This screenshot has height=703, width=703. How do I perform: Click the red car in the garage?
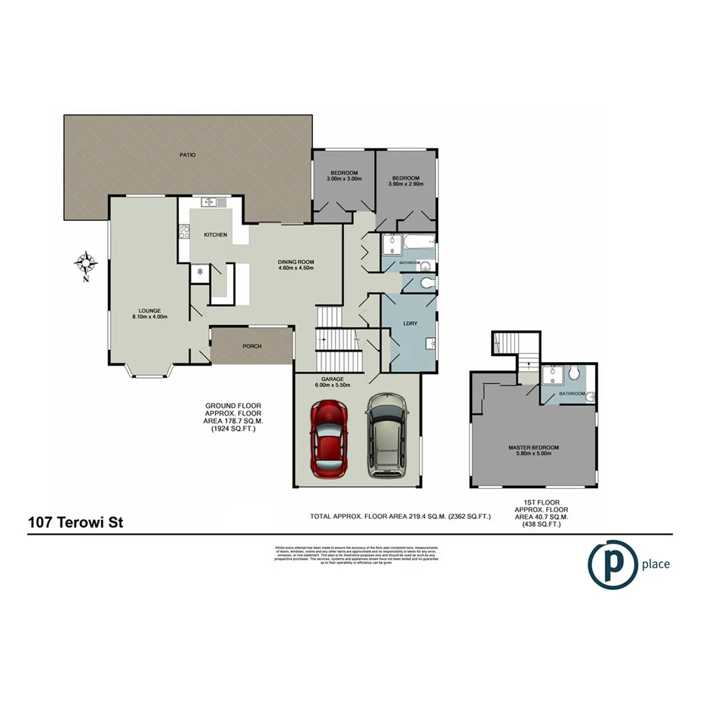coord(329,439)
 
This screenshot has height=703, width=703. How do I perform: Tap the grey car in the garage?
coord(386,435)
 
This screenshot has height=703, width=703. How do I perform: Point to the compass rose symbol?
coord(86,264)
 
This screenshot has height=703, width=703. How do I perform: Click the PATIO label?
coord(188,155)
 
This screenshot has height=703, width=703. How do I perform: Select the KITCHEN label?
coord(215,235)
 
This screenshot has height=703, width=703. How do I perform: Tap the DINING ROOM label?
coord(296,262)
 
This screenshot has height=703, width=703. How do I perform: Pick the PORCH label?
coord(252,346)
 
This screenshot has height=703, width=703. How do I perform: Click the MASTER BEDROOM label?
coord(533,447)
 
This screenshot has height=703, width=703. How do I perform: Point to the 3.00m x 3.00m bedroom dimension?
coord(345,180)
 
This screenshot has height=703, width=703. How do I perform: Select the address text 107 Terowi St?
coord(75,523)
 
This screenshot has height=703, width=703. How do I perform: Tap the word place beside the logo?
coord(655,563)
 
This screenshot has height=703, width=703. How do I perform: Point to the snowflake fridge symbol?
coord(200,271)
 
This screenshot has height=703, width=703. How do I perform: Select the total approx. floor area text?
coord(401,517)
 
